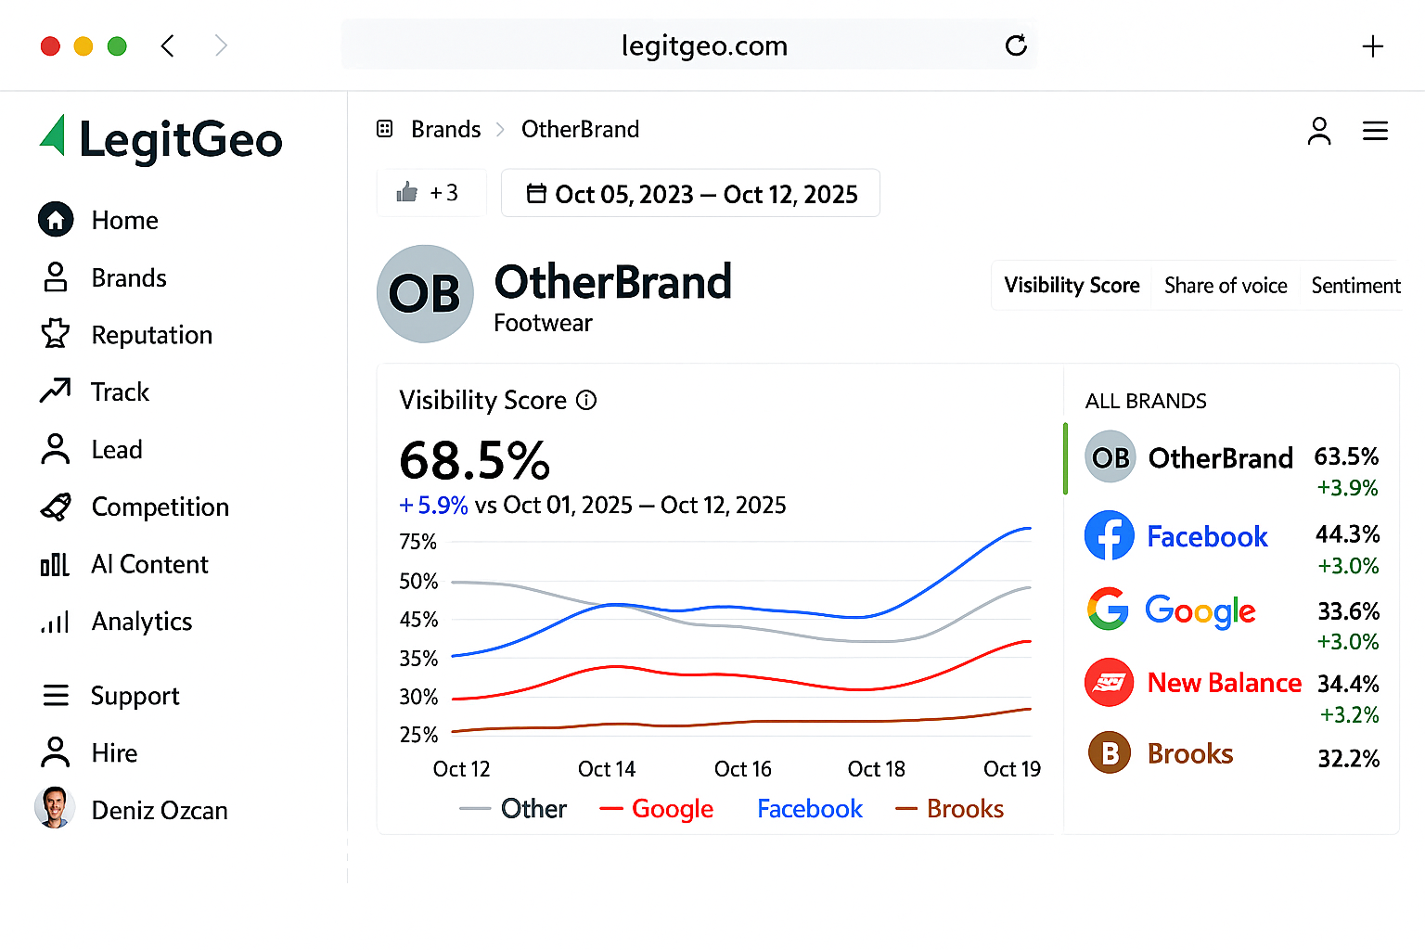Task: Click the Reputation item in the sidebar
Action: click(x=151, y=335)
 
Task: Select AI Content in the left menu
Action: click(x=149, y=564)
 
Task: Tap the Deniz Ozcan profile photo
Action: click(x=55, y=808)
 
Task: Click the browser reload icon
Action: click(x=1016, y=45)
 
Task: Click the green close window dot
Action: click(x=117, y=46)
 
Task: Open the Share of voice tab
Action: click(x=1225, y=286)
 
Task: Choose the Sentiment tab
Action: click(x=1354, y=286)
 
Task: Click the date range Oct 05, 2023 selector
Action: click(x=691, y=194)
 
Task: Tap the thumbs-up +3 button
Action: click(x=430, y=193)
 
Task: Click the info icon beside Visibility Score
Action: click(x=586, y=400)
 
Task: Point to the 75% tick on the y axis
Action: click(x=417, y=542)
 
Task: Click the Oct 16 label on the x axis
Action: click(x=742, y=769)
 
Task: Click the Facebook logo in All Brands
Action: click(x=1109, y=535)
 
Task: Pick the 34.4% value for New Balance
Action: click(x=1348, y=684)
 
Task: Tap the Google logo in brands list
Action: click(x=1108, y=610)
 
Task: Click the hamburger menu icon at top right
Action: click(x=1375, y=132)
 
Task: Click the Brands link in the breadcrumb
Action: click(x=445, y=129)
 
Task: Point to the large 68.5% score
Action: click(x=474, y=460)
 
